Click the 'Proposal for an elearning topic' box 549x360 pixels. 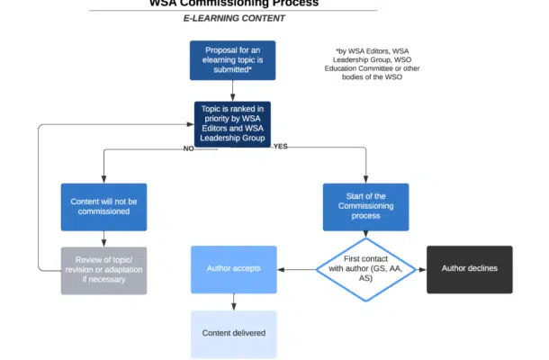pyautogui.click(x=233, y=60)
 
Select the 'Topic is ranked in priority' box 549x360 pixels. pyautogui.click(x=233, y=123)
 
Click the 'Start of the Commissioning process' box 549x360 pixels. pyautogui.click(x=365, y=206)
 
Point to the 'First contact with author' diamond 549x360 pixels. pyautogui.click(x=365, y=268)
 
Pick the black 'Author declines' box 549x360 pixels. pyautogui.click(x=469, y=268)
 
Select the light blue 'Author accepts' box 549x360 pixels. pyautogui.click(x=234, y=268)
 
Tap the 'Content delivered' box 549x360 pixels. pyautogui.click(x=234, y=333)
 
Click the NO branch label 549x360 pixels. pyautogui.click(x=189, y=148)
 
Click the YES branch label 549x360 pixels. pyautogui.click(x=280, y=147)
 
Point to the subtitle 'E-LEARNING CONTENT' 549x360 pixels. pyautogui.click(x=235, y=18)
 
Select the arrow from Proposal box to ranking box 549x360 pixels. pyautogui.click(x=233, y=90)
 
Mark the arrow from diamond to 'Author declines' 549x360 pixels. pyautogui.click(x=418, y=268)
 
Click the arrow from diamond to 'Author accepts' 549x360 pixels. pyautogui.click(x=296, y=268)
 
